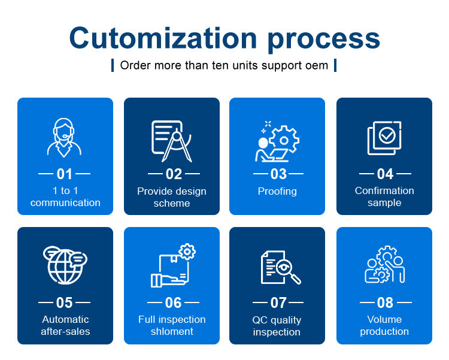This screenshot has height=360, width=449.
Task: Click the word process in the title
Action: click(324, 40)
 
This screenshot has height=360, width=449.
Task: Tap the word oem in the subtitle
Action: click(318, 65)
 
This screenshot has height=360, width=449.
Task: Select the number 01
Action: click(65, 174)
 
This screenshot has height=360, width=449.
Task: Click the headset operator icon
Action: click(65, 137)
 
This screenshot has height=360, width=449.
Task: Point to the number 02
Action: click(174, 174)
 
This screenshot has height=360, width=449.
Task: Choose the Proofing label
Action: click(277, 191)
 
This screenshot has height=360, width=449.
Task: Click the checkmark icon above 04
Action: click(384, 138)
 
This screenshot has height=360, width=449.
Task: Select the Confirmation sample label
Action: click(384, 196)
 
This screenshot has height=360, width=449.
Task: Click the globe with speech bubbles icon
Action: click(65, 264)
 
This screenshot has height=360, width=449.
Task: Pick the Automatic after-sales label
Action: click(65, 325)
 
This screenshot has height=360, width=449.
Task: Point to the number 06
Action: click(173, 303)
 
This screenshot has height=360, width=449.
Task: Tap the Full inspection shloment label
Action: click(172, 325)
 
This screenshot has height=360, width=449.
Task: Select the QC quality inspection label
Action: click(277, 326)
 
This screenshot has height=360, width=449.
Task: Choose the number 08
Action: click(385, 303)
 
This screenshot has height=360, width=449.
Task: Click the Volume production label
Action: click(384, 325)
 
